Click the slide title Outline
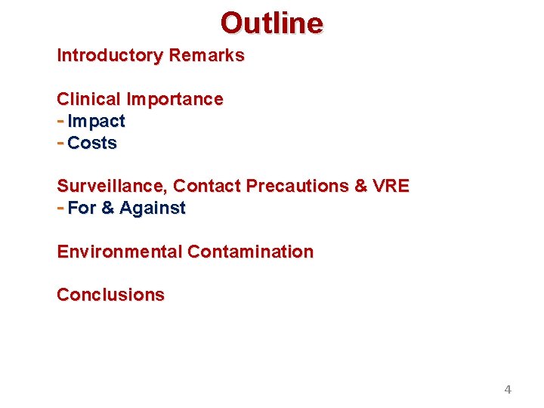click(x=272, y=23)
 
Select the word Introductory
click(x=110, y=56)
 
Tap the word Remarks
click(x=206, y=56)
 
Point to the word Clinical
click(x=88, y=100)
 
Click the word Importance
click(x=175, y=100)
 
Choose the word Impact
click(x=96, y=122)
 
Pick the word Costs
click(x=92, y=144)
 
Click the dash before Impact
click(x=60, y=121)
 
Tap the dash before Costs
click(x=60, y=143)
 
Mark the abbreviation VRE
click(x=391, y=187)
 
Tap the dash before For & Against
click(x=60, y=208)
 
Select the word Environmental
click(x=119, y=252)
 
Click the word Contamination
click(x=250, y=252)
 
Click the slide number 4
click(x=508, y=390)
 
